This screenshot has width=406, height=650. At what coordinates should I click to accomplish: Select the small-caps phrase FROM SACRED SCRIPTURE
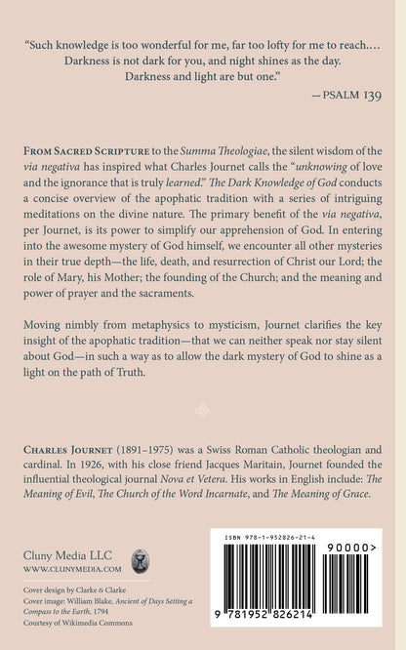point(86,156)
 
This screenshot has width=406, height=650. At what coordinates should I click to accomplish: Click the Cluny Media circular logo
point(143,559)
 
